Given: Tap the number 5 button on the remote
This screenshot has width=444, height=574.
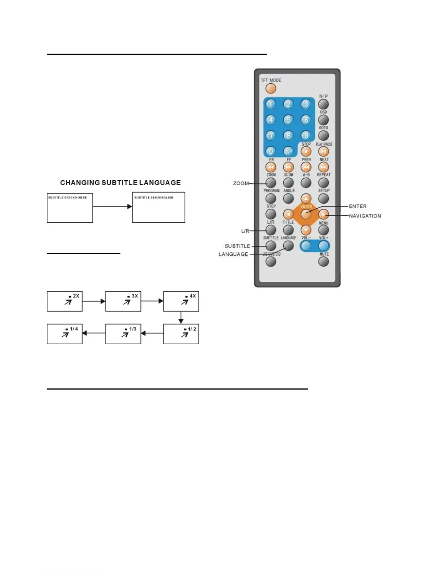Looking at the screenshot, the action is pos(288,120).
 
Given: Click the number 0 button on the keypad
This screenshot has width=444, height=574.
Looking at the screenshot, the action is pos(271,151).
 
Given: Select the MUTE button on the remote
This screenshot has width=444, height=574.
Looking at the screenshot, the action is pos(324,261).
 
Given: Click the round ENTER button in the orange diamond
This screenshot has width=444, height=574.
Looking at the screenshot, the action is pos(306,214).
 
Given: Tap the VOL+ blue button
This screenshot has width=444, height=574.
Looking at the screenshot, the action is pos(324,246).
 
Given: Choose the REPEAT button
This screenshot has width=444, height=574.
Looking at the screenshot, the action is pos(324,183).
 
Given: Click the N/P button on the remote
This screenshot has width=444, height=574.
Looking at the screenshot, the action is pos(324,104).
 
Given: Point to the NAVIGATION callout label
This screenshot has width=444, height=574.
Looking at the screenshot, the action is pos(365,216).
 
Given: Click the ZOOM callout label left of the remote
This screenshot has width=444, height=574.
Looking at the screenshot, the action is pos(241,183).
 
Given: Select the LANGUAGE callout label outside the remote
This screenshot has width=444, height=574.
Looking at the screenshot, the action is pos(234,254).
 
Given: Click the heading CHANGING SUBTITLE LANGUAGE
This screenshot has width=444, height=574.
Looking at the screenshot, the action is pos(120,183).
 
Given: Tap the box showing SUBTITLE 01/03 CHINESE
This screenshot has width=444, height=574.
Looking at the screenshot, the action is pos(70,207).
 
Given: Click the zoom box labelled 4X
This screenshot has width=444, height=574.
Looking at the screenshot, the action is pos(181,301).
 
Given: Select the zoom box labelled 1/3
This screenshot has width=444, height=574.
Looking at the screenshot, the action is pos(123,334).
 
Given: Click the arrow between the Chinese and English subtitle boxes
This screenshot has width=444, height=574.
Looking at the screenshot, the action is pos(112,207).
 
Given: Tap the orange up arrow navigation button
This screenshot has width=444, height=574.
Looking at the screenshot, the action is pos(306,199).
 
